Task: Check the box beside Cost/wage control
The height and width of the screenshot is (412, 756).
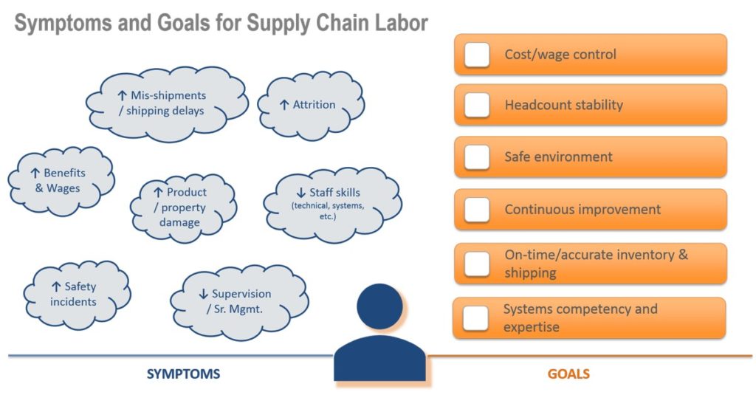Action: [x=477, y=55]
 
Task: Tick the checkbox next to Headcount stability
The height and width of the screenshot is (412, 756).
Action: [x=477, y=105]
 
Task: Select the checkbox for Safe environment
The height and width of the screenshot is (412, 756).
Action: [x=477, y=157]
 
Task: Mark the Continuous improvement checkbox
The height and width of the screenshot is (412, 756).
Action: [x=477, y=210]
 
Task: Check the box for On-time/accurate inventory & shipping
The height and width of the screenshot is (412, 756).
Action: [x=477, y=264]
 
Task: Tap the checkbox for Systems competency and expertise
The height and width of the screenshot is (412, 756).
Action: [x=475, y=318]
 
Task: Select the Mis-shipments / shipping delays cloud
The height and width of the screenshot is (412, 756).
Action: [x=167, y=103]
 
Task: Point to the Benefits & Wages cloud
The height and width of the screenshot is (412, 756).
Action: [x=61, y=181]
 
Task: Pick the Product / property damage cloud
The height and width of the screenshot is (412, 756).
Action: [x=183, y=208]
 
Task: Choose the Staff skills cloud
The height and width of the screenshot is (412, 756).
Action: [x=333, y=205]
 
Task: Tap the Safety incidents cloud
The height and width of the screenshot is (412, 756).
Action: [x=77, y=295]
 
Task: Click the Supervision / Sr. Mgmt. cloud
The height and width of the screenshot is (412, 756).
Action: [x=240, y=302]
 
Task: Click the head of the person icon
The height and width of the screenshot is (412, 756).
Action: [x=380, y=306]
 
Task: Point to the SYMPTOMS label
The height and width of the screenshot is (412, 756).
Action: [x=183, y=374]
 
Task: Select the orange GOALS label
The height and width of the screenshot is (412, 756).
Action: [x=568, y=374]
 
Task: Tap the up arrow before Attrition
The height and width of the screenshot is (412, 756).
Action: [x=284, y=105]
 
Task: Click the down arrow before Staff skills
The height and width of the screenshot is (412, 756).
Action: [x=301, y=193]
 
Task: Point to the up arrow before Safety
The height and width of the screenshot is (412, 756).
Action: [x=56, y=286]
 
